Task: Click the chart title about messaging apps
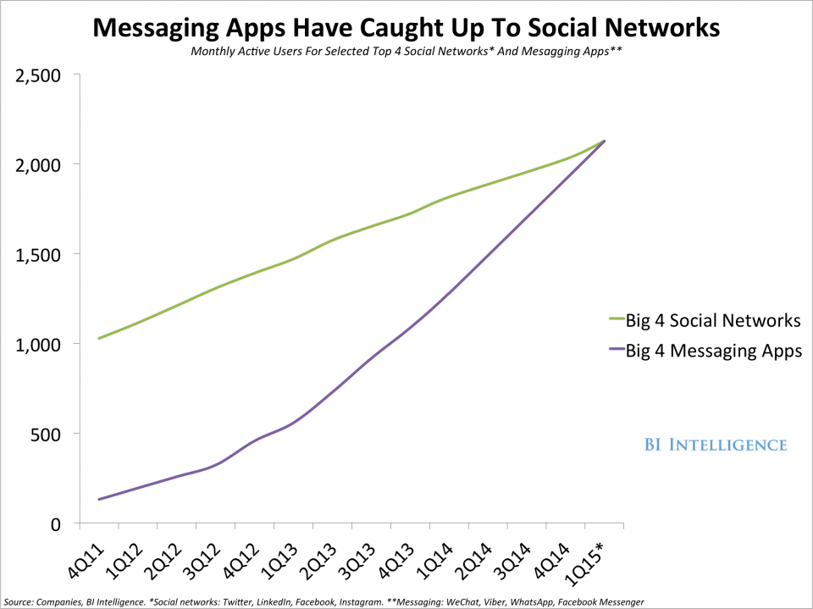406,28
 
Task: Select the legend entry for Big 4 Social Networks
712,321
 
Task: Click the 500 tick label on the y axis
47,434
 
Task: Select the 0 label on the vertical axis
56,523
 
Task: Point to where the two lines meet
603,141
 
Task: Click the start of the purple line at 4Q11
99,500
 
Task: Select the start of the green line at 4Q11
99,339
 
